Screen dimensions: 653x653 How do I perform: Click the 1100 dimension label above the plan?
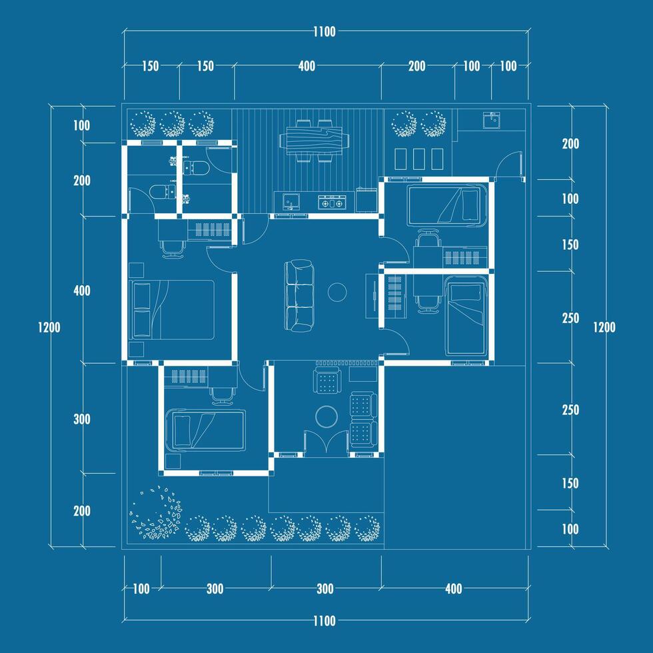pyautogui.click(x=325, y=32)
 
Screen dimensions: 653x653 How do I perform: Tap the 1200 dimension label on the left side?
pyautogui.click(x=49, y=327)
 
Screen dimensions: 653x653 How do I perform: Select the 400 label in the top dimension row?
pyautogui.click(x=307, y=66)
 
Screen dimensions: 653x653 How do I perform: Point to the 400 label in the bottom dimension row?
pyautogui.click(x=454, y=589)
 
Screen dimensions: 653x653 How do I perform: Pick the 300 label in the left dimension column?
pyautogui.click(x=81, y=419)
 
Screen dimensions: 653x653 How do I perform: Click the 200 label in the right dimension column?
pyautogui.click(x=570, y=144)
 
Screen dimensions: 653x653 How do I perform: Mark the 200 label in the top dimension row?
pyautogui.click(x=417, y=66)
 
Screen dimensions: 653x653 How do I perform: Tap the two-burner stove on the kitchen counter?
pyautogui.click(x=332, y=203)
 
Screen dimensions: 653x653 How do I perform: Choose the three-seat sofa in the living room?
pyautogui.click(x=299, y=296)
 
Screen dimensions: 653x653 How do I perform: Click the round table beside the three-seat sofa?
pyautogui.click(x=337, y=292)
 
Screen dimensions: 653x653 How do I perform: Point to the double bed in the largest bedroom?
pyautogui.click(x=172, y=309)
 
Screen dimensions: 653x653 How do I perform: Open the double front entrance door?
pyautogui.click(x=326, y=444)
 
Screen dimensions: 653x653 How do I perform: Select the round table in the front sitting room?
pyautogui.click(x=326, y=417)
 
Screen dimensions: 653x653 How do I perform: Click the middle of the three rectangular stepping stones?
pyautogui.click(x=418, y=159)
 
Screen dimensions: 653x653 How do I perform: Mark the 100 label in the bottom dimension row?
pyautogui.click(x=141, y=589)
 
